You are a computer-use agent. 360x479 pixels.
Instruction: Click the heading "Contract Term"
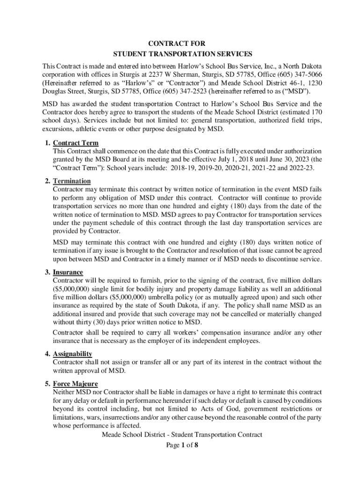pos(76,143)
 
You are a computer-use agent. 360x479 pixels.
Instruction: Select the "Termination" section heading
pos(72,181)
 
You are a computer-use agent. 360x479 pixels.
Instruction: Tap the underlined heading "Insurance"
pos(68,272)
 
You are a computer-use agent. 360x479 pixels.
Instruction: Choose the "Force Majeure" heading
pos(75,384)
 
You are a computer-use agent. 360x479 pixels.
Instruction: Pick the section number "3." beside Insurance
pos(48,272)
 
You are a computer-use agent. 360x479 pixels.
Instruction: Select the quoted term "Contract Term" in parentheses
pos(76,168)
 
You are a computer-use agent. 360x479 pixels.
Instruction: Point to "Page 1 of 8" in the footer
pos(182,445)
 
